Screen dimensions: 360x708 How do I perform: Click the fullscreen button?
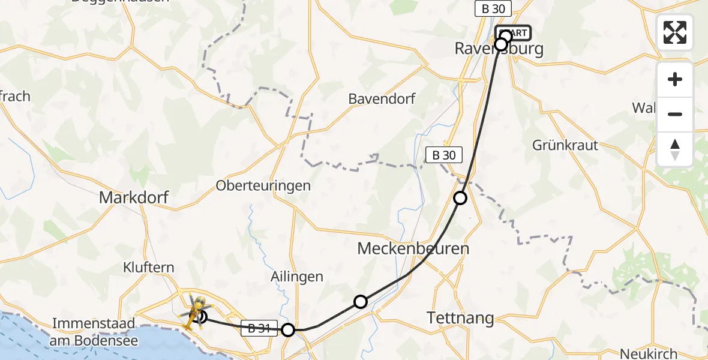[x=675, y=32]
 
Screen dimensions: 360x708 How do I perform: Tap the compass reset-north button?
[x=675, y=149]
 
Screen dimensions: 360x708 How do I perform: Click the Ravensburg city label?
[x=499, y=49]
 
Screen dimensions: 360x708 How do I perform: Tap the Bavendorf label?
[x=382, y=99]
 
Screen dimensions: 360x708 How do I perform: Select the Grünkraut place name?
[x=566, y=145]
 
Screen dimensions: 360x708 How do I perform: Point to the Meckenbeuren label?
[x=413, y=248]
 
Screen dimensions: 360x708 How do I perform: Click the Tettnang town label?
[x=460, y=318]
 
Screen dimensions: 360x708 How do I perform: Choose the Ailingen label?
[x=298, y=277]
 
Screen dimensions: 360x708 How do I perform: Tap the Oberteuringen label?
[x=263, y=185]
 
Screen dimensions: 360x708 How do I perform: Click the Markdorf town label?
[x=134, y=197]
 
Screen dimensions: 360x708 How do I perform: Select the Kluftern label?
[x=148, y=267]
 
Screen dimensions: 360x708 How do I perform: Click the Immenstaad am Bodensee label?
[x=95, y=332]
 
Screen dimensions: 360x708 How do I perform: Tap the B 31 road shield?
[x=259, y=328]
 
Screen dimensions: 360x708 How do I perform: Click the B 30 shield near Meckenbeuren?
[x=444, y=155]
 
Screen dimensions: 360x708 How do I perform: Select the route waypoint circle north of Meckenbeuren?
[x=460, y=197]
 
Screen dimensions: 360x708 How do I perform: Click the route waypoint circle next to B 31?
[x=289, y=329]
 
